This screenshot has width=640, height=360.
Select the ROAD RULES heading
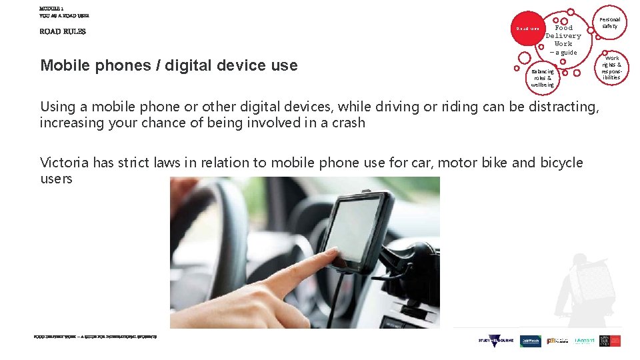63,31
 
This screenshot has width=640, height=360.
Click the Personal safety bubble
609,23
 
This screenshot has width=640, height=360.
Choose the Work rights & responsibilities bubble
611,68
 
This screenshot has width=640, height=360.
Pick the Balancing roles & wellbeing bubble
543,78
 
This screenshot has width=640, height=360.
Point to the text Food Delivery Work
563,36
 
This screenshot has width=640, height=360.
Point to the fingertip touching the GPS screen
333,257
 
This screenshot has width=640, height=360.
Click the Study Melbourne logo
496,341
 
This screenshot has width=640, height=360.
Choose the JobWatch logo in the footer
531,341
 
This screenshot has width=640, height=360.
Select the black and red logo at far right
610,341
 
